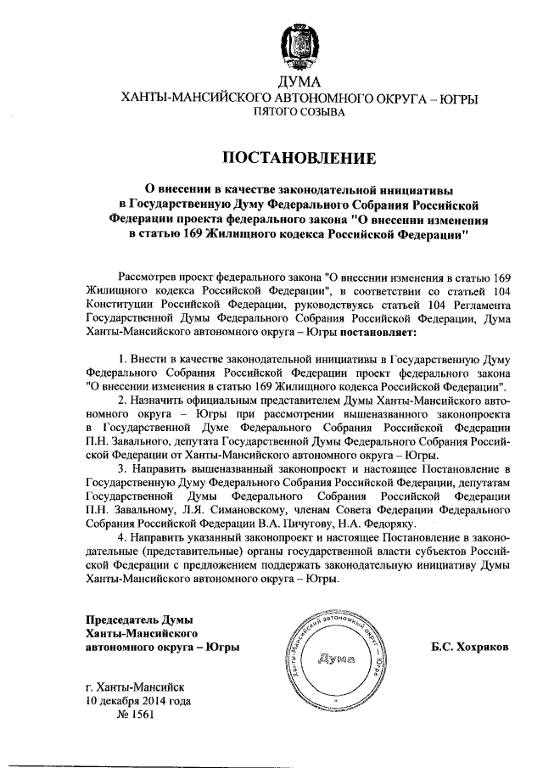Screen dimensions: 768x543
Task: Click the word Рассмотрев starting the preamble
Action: point(147,277)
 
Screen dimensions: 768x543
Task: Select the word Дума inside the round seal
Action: point(338,659)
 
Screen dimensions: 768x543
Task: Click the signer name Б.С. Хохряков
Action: point(469,647)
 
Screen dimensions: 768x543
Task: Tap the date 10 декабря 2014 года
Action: point(138,701)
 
